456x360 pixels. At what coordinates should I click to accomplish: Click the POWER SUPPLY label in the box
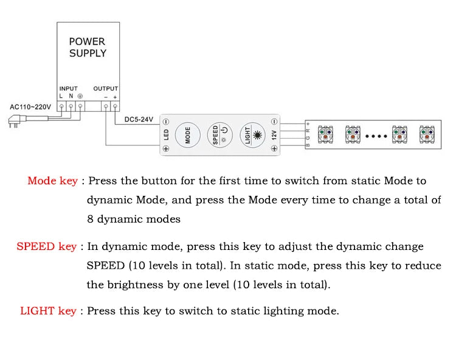click(x=87, y=47)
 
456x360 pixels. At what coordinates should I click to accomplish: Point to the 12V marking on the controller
click(x=274, y=135)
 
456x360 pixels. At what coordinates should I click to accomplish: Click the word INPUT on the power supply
click(x=68, y=89)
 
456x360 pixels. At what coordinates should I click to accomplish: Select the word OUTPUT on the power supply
click(x=106, y=89)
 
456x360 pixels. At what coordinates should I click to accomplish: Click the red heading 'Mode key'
click(x=53, y=181)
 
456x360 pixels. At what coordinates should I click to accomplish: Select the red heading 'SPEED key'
click(x=47, y=246)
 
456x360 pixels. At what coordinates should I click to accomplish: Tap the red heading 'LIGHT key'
click(x=49, y=311)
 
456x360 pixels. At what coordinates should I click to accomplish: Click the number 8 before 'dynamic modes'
click(x=90, y=220)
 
